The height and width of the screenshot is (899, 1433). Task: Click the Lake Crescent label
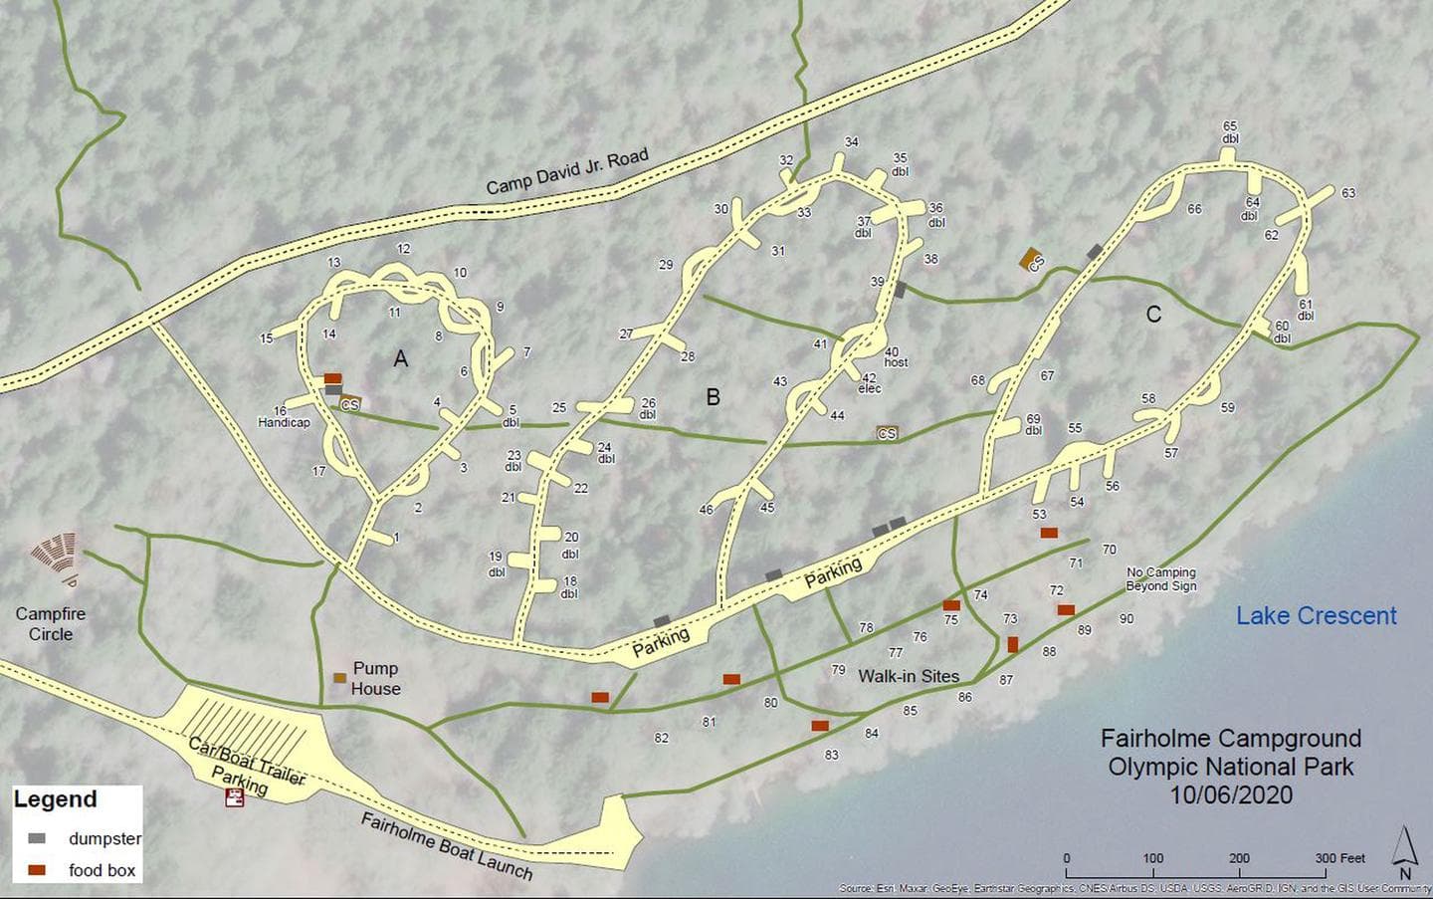pos(1316,615)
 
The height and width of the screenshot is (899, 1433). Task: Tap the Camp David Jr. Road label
pos(567,171)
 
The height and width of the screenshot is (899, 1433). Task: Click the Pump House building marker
pos(339,678)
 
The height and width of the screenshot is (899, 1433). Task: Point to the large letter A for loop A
pos(400,358)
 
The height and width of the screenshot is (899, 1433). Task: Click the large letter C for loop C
pos(1153,315)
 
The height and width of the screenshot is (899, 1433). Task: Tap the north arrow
pos(1404,849)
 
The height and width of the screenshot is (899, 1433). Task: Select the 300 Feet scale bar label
pos(1339,858)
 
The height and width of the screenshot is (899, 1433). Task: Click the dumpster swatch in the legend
pos(37,838)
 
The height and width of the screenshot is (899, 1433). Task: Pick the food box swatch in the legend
pos(37,870)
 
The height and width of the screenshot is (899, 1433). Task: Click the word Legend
pos(55,799)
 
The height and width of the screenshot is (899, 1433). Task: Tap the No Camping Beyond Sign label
pos(1161,579)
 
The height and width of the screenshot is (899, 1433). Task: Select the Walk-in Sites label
pos(909,676)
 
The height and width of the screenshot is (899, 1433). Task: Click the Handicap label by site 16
pos(284,423)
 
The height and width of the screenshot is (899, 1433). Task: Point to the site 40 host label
pos(895,357)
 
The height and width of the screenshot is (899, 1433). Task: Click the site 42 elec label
pos(870,383)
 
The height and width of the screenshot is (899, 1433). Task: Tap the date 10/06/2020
pos(1231,794)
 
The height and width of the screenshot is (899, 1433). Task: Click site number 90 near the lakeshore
pos(1126,618)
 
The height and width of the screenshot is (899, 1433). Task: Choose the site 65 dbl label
pos(1230,132)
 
